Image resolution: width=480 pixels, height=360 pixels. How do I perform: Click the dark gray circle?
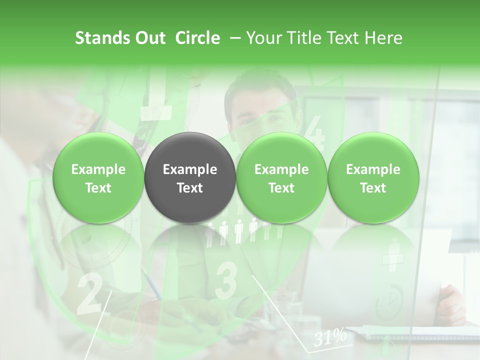pyautogui.click(x=189, y=178)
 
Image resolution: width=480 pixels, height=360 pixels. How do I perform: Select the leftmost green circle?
pyautogui.click(x=98, y=178)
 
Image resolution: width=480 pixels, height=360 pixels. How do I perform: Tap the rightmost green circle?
pyautogui.click(x=373, y=178)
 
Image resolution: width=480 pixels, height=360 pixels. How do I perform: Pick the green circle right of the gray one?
pyautogui.click(x=281, y=178)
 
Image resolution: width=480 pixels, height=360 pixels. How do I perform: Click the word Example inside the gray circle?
pyautogui.click(x=189, y=169)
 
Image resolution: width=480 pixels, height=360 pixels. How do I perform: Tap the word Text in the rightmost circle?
pyautogui.click(x=373, y=188)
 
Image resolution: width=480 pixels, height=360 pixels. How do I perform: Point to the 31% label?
pyautogui.click(x=330, y=337)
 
